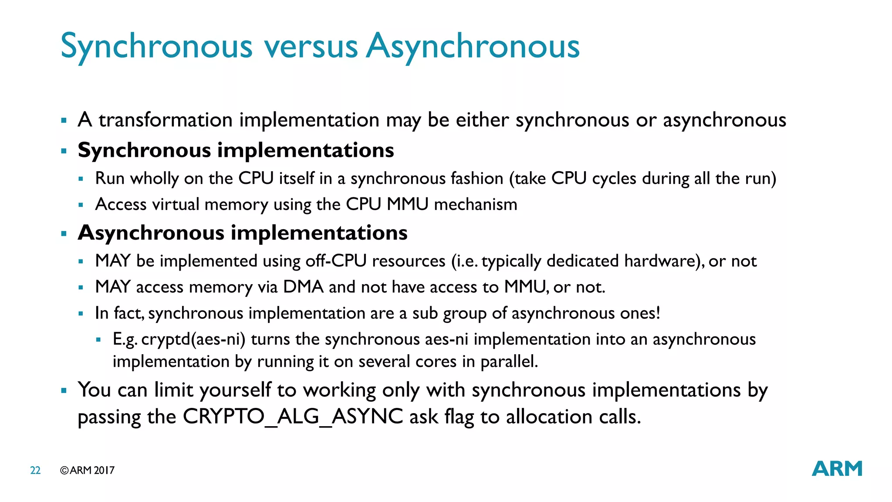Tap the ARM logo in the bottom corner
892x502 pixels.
[x=837, y=468]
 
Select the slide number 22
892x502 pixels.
[x=35, y=470]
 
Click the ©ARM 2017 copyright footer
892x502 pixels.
[x=87, y=470]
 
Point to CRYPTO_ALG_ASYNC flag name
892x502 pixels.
[x=293, y=417]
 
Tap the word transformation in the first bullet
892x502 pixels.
[x=166, y=120]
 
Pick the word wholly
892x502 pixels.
[x=155, y=179]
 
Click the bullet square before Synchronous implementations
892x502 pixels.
[x=64, y=151]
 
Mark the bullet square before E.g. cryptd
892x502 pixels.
[x=98, y=339]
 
